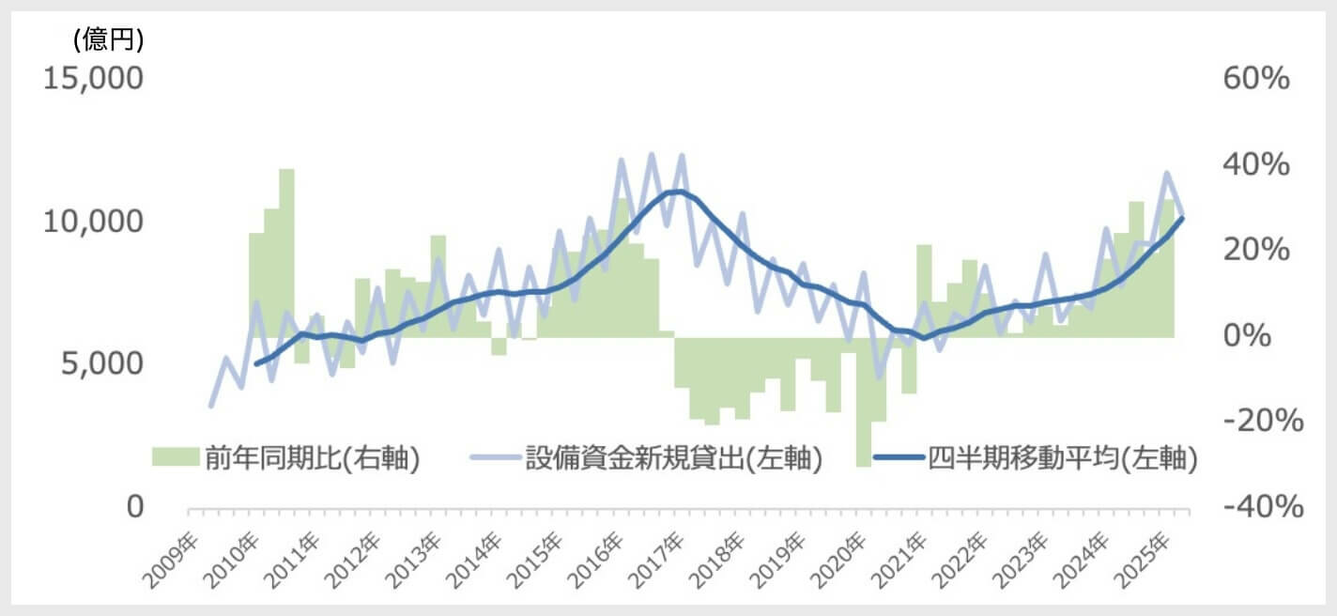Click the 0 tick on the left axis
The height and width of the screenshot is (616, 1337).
point(134,507)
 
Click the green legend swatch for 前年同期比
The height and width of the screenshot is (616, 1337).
point(173,457)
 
